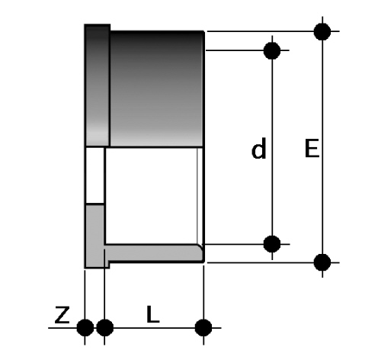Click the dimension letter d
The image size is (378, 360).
[258, 148]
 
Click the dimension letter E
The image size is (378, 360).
[312, 148]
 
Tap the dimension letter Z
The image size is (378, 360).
[62, 315]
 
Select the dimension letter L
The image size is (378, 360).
[153, 314]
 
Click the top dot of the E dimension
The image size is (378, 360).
[322, 31]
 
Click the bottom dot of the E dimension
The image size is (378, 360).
[322, 262]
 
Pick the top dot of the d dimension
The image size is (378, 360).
[272, 50]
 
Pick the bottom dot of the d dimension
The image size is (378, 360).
[272, 244]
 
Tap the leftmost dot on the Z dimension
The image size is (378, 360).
[85, 327]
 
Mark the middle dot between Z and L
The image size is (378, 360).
[104, 327]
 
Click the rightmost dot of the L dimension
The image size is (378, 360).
[203, 327]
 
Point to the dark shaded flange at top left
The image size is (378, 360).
[98, 85]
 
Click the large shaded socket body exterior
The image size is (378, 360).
[156, 88]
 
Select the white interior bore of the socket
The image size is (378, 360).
[151, 196]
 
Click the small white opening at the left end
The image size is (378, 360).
[94, 175]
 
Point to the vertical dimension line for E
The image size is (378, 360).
[322, 147]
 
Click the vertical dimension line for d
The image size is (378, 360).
[272, 147]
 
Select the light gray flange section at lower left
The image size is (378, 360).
[94, 236]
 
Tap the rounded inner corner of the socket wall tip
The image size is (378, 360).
[200, 247]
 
